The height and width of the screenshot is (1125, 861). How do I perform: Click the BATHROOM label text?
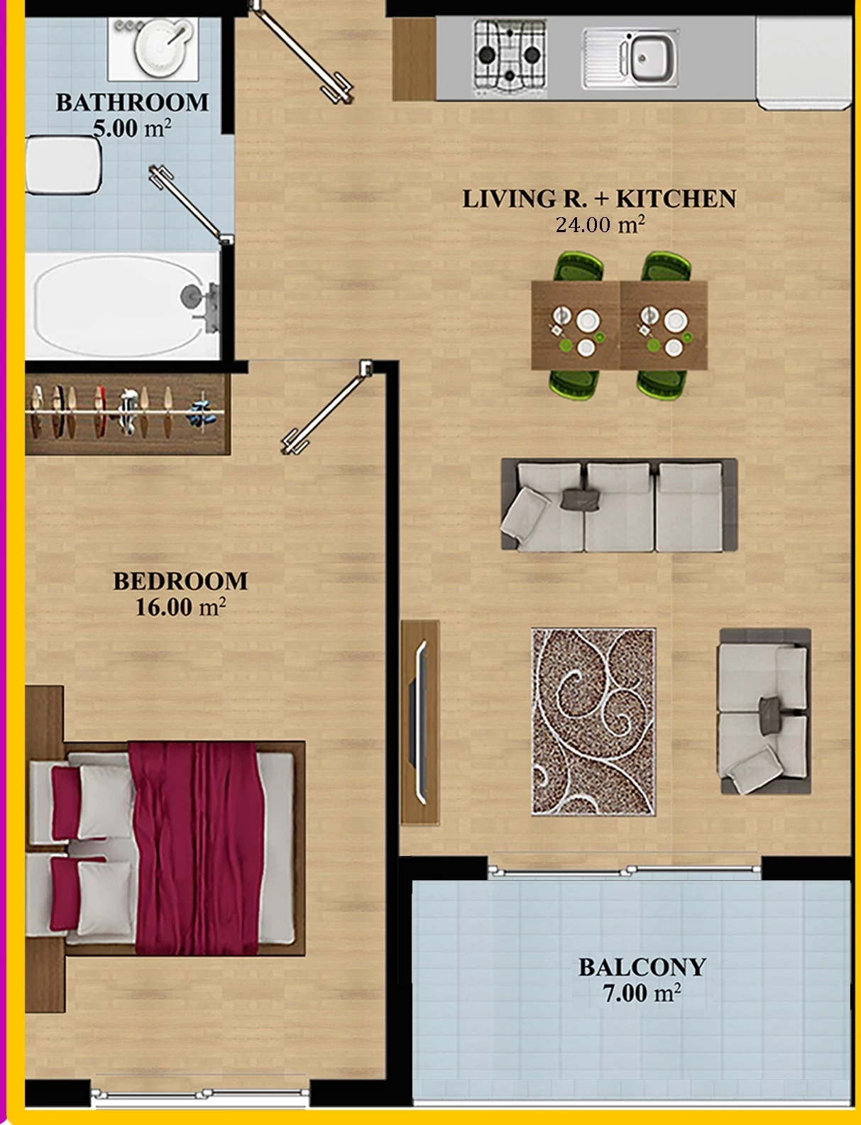click(x=132, y=102)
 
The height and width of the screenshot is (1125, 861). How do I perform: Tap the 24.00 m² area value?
click(x=600, y=224)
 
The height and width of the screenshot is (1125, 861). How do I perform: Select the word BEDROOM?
click(x=180, y=581)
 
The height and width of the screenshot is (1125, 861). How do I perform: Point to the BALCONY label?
click(x=642, y=967)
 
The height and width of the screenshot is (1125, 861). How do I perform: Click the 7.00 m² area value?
click(x=642, y=993)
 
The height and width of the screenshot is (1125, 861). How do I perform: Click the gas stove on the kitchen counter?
click(x=510, y=57)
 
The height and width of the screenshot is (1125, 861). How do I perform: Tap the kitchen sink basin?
click(x=630, y=58)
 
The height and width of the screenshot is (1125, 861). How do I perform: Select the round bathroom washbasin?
click(x=160, y=48)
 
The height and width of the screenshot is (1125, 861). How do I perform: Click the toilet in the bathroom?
click(x=63, y=165)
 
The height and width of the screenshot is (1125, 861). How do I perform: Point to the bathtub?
click(x=123, y=305)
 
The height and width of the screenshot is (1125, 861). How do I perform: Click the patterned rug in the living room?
click(x=593, y=722)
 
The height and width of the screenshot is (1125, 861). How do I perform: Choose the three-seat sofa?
click(x=619, y=505)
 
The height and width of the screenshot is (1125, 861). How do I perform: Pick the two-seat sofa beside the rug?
click(x=765, y=711)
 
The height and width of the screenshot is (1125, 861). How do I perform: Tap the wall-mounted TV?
click(x=421, y=723)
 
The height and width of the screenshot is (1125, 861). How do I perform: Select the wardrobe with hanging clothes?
click(x=128, y=413)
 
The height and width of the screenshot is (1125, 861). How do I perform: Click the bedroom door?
click(x=327, y=408)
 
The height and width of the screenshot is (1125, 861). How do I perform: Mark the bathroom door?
click(x=191, y=204)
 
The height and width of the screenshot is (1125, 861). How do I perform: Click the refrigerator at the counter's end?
click(x=803, y=62)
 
